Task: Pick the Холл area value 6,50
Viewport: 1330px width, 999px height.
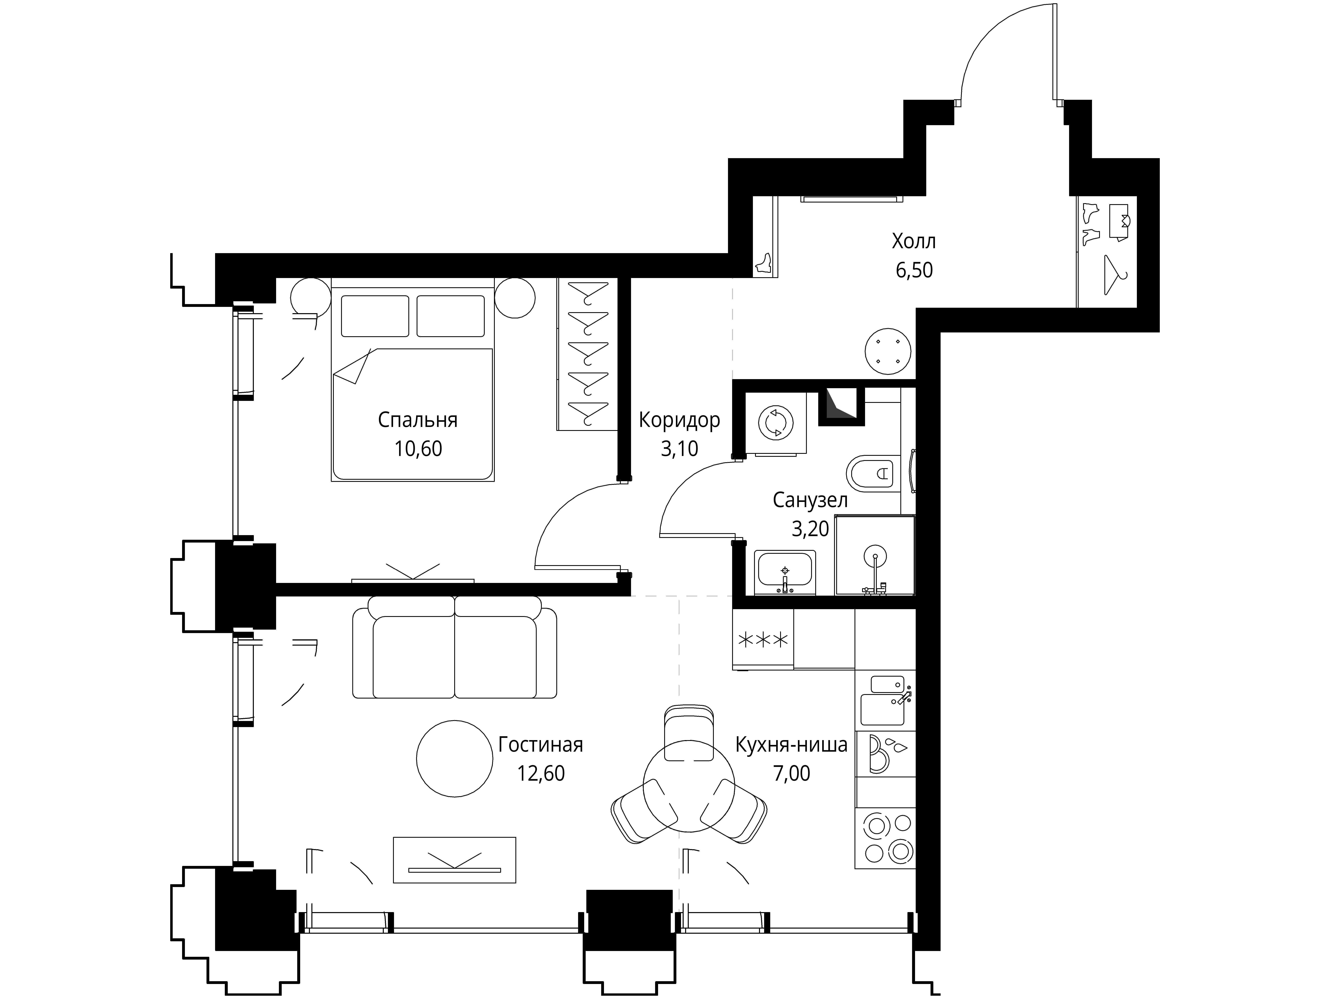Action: click(x=914, y=270)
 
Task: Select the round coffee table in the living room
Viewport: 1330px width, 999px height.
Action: click(x=455, y=759)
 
